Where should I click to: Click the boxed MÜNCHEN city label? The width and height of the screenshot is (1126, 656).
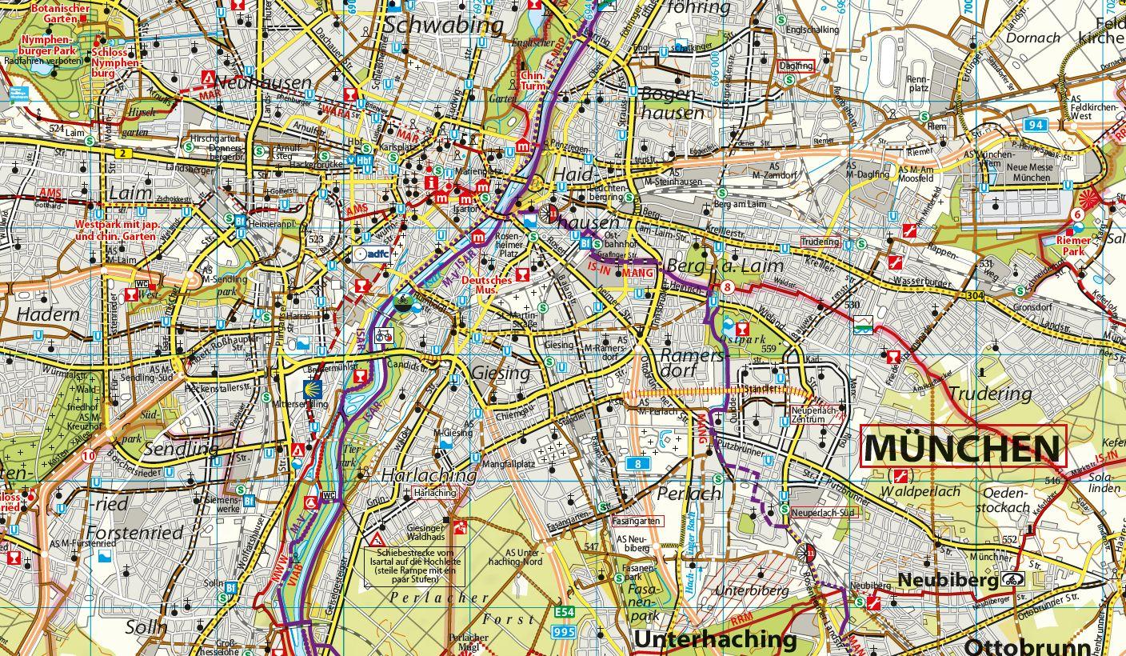963,448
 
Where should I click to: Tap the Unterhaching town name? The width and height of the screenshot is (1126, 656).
715,639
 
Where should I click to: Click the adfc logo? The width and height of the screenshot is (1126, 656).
370,254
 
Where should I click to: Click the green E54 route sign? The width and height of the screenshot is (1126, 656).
564,614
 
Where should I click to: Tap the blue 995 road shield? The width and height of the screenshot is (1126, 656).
564,632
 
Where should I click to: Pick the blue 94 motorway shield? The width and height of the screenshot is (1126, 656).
1037,124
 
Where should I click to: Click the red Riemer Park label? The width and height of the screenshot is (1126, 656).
1073,245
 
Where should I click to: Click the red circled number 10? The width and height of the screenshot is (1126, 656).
88,456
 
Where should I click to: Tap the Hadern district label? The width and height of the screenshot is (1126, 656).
48,314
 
